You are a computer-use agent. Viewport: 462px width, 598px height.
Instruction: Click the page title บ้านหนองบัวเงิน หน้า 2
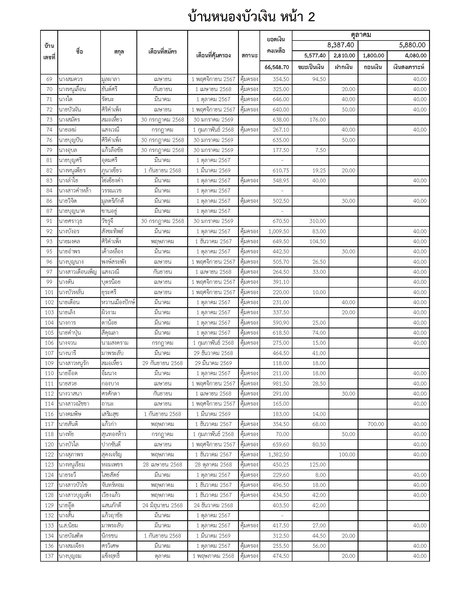[252, 17]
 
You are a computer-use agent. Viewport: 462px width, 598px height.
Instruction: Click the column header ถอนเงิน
[373, 67]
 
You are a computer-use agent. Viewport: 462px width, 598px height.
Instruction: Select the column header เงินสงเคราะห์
[408, 67]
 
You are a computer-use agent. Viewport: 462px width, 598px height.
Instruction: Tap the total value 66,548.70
[277, 67]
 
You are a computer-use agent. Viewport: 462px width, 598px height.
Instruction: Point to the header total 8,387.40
[341, 45]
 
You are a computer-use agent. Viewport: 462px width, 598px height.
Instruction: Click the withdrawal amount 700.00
[376, 424]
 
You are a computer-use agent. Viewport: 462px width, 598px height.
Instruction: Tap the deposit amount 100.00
[347, 454]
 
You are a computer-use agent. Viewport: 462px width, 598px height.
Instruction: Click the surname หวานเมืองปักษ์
[118, 302]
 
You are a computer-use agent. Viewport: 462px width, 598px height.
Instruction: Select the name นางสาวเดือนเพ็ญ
[78, 272]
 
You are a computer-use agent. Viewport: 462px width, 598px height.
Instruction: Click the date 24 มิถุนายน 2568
[162, 505]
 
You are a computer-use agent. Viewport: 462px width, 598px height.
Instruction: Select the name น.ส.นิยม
[68, 525]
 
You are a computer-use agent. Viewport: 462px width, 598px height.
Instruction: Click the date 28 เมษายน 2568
[162, 465]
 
